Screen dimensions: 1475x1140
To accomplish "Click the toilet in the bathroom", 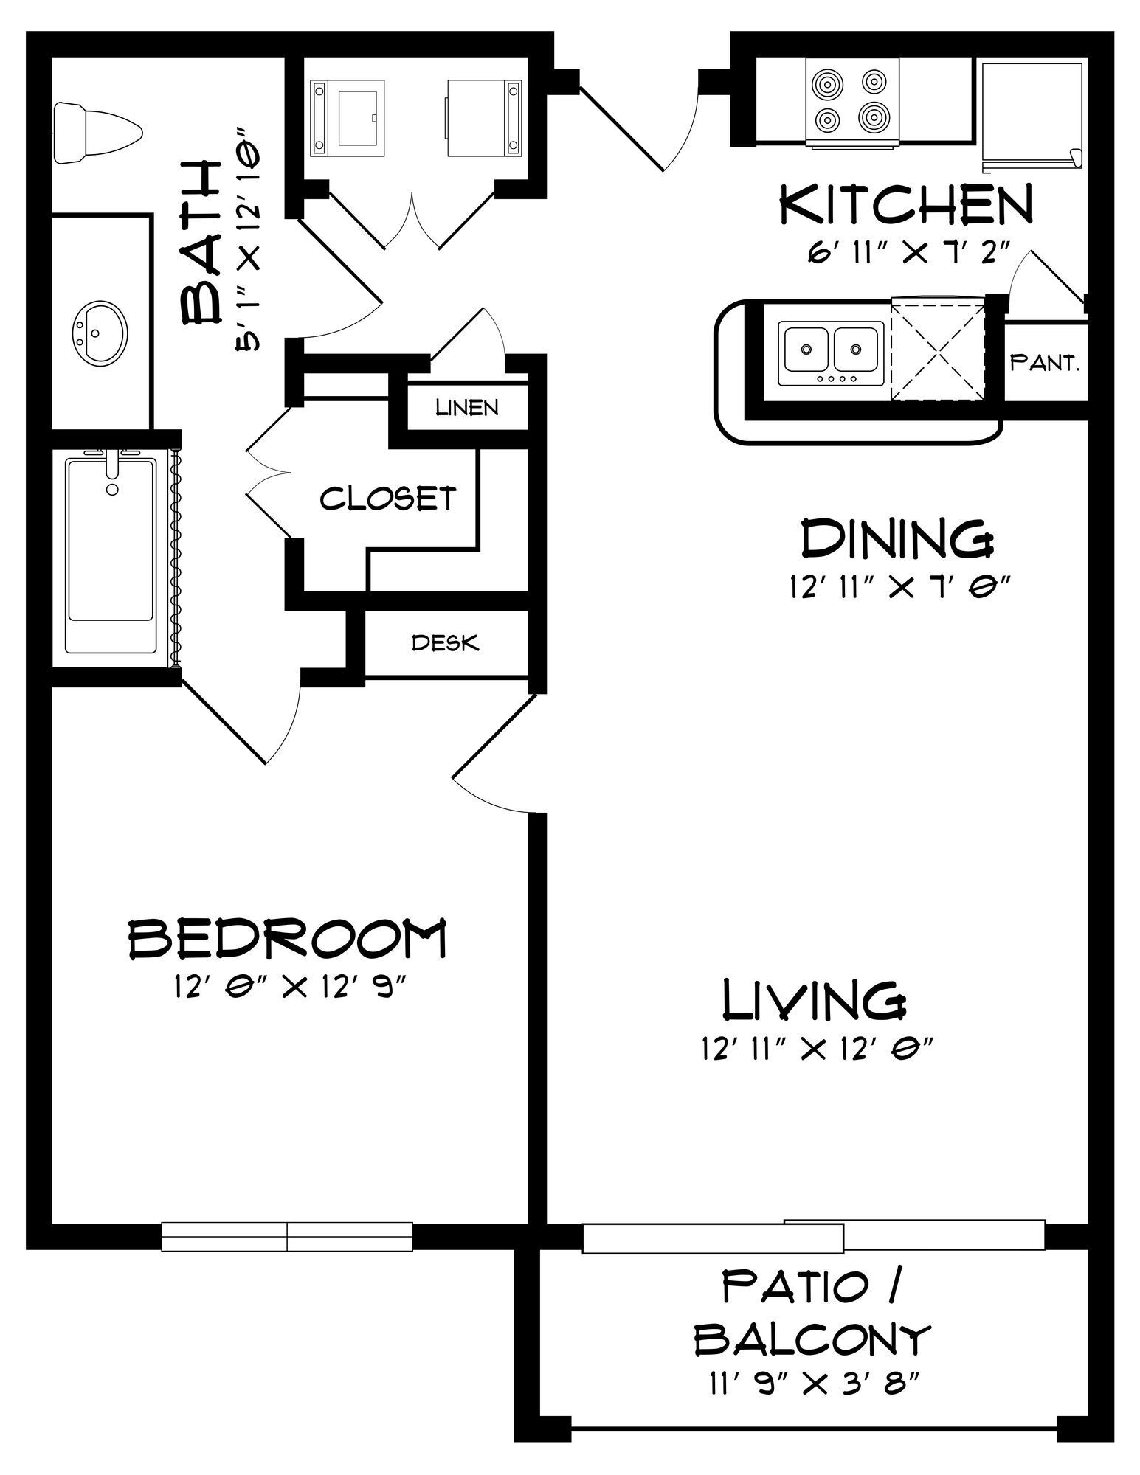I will click(97, 132).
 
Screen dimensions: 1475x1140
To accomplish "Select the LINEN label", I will click(467, 407).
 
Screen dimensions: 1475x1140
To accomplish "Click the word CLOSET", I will click(388, 499).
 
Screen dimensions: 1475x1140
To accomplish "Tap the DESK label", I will click(445, 643).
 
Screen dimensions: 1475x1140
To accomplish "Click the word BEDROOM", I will click(288, 937).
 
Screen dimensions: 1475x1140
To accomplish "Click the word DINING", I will click(897, 538).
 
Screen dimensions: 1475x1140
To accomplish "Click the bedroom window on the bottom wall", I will click(286, 1236).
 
